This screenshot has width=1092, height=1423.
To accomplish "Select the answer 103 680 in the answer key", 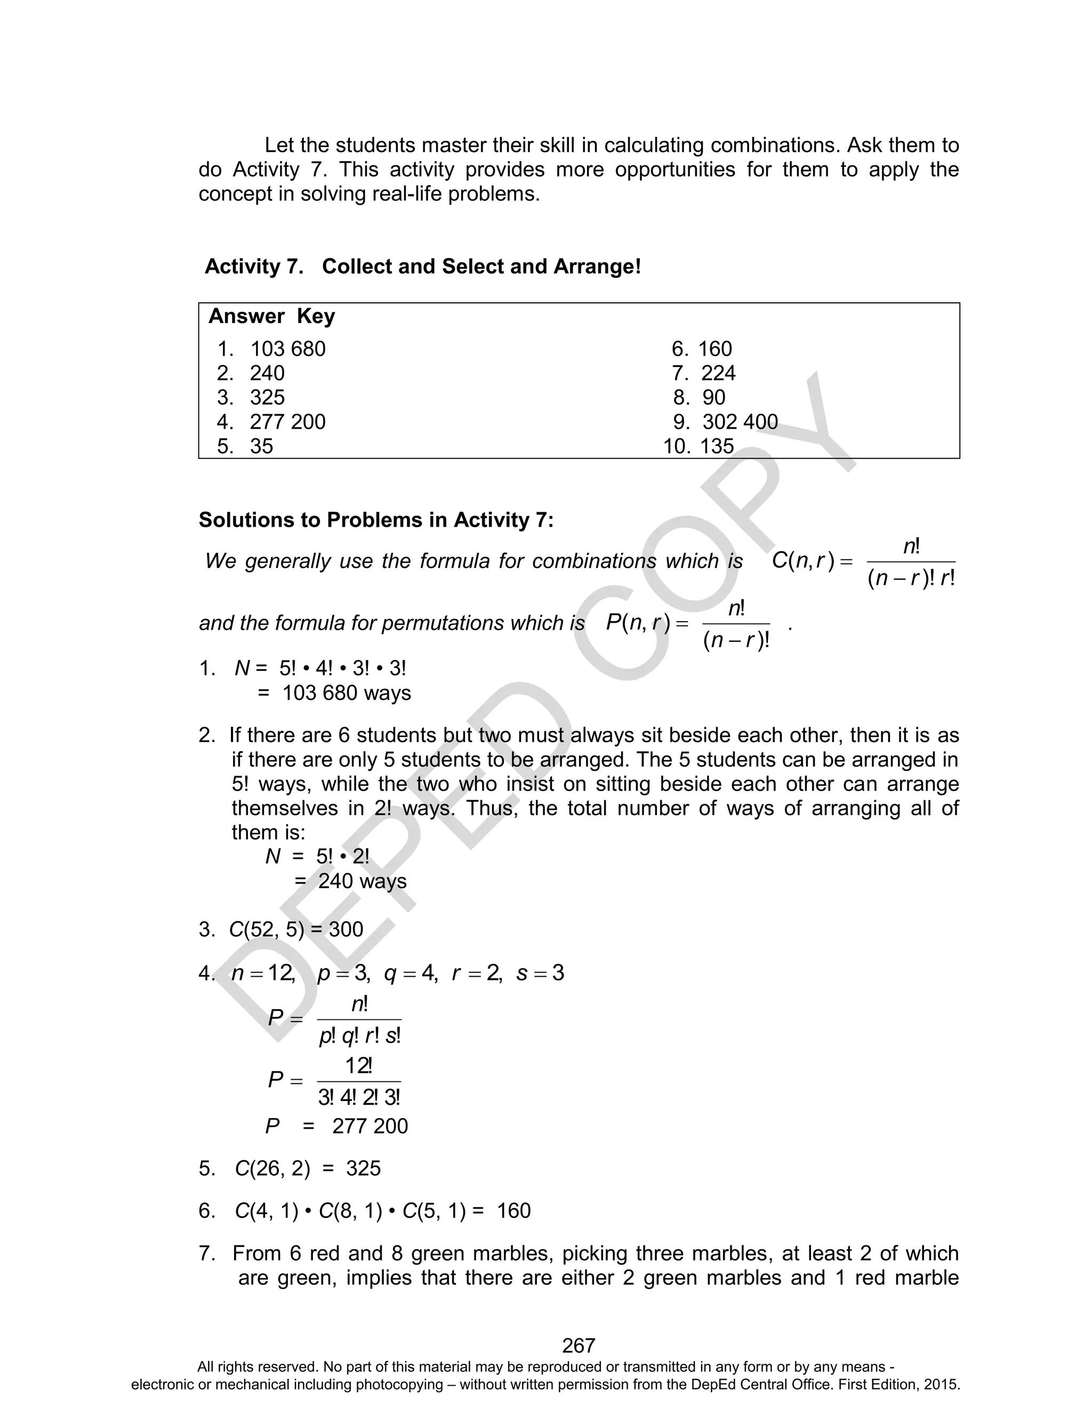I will point(287,349).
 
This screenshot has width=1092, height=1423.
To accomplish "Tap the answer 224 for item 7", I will point(718,373).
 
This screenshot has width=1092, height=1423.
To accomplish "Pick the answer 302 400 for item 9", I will point(740,422).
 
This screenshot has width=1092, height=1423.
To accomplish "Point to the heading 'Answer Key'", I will point(272,317).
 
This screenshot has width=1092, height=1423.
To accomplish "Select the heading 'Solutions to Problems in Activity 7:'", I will point(376,520).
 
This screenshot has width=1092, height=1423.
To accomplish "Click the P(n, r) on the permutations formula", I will point(638,623).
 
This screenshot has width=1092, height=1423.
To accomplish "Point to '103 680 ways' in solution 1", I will point(347,693).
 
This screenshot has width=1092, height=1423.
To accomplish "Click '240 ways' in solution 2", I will point(362,882).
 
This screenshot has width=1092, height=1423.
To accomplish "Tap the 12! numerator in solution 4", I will point(358,1066).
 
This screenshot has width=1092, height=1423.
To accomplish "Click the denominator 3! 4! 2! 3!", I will point(359,1097).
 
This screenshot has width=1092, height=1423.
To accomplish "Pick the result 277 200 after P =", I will point(370,1126).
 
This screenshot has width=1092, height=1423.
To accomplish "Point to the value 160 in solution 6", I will point(513,1210).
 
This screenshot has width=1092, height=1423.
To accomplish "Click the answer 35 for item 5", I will point(261,446).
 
